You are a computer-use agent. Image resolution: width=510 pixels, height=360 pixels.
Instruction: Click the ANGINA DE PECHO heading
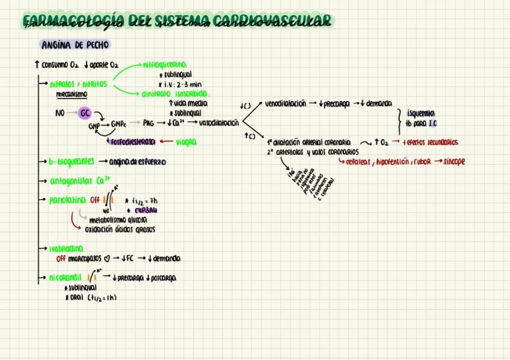click(75, 45)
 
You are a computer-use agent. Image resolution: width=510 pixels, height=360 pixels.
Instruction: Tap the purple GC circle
click(85, 112)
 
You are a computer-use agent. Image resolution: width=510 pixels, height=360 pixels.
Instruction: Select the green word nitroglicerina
click(164, 64)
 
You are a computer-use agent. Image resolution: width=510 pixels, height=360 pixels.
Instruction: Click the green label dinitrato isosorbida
click(175, 94)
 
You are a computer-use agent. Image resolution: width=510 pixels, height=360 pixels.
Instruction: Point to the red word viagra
click(186, 142)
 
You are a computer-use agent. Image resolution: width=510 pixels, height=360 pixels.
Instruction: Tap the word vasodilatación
click(218, 123)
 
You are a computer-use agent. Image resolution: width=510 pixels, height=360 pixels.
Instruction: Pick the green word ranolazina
click(67, 200)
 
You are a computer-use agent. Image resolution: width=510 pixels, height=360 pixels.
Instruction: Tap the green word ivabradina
click(66, 248)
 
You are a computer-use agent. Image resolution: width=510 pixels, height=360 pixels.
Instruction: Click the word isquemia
click(420, 113)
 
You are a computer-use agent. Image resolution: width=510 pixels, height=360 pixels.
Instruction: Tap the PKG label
click(149, 123)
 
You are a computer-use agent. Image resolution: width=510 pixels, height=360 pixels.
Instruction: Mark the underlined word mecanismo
click(72, 94)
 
